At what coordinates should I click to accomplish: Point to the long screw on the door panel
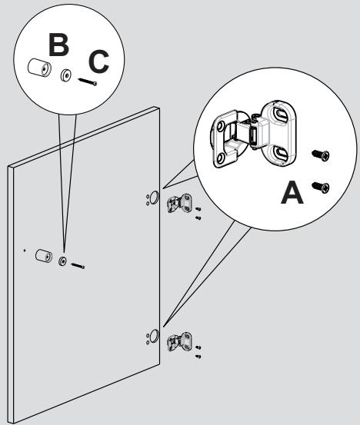click(78, 267)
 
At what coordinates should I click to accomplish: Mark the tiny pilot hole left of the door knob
click(25, 250)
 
